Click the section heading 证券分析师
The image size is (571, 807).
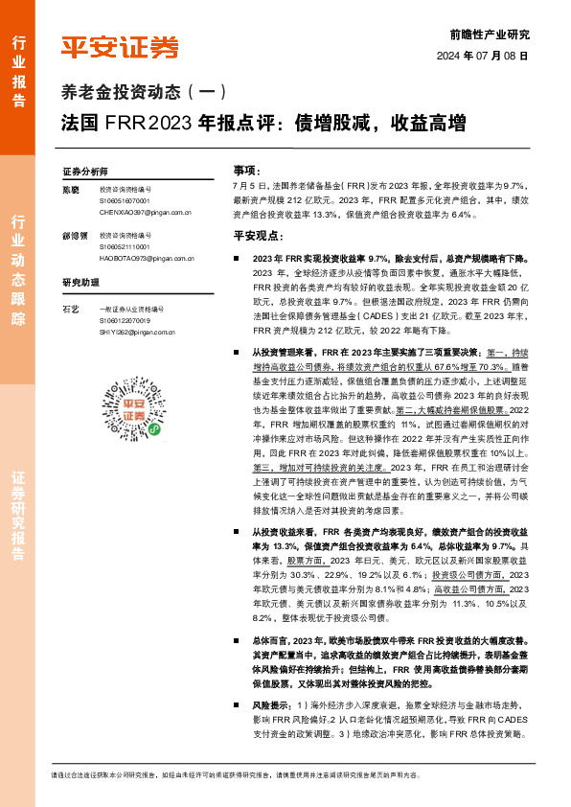[x=85, y=172]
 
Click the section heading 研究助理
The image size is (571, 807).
[x=80, y=284]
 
